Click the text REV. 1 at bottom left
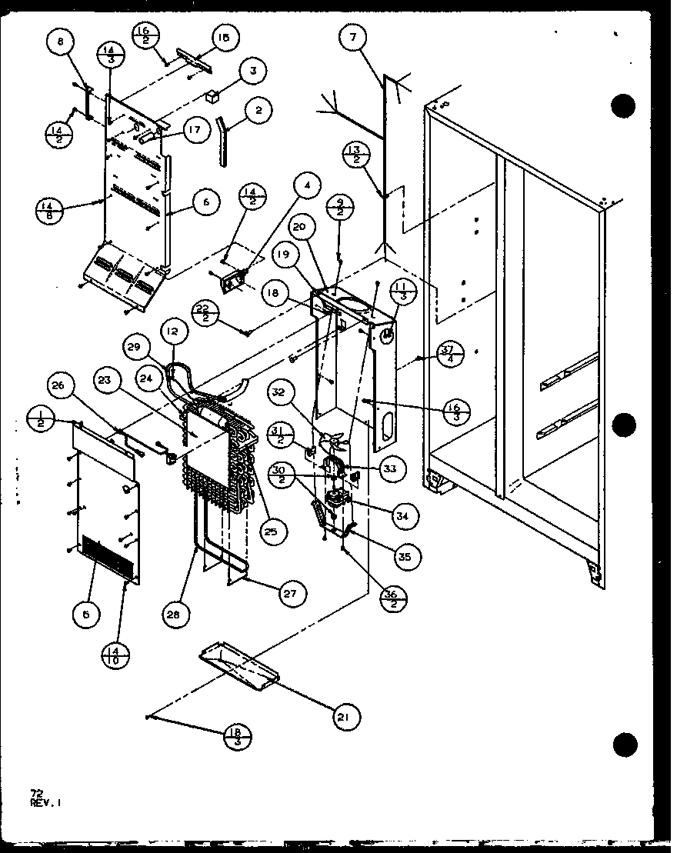tap(47, 801)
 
